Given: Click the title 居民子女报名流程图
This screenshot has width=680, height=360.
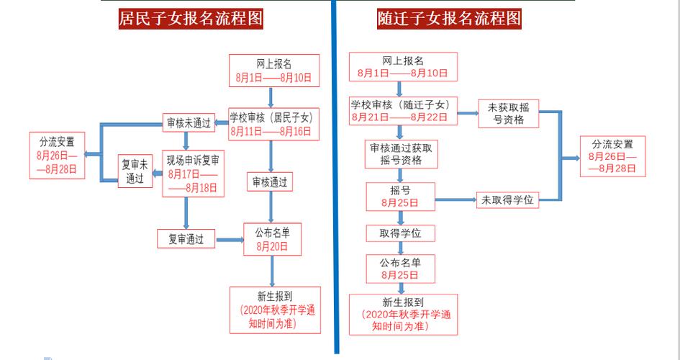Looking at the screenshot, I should point(190,18).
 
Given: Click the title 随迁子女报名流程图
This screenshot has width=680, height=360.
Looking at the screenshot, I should point(448,18).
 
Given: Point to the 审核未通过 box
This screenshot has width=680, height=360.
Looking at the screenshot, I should point(189,123).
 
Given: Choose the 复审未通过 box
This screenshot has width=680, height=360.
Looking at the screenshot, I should point(135,171).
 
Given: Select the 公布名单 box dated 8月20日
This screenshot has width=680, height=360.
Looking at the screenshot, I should point(272,239).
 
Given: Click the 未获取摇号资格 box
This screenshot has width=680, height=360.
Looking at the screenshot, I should point(509,114).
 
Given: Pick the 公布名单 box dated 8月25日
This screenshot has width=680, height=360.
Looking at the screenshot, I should point(399,269).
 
